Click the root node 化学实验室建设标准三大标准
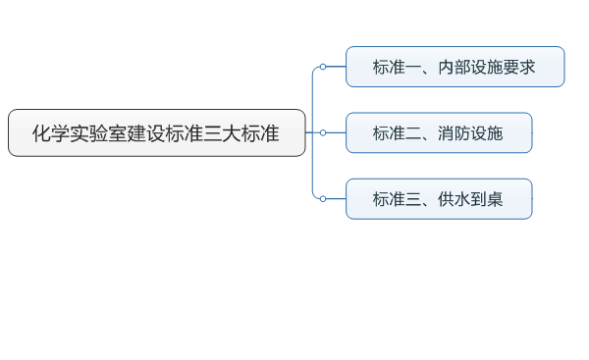[x=157, y=132]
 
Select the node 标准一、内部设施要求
[x=455, y=67]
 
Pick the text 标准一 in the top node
[x=396, y=68]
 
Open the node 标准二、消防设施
[x=439, y=132]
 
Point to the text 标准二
[x=396, y=133]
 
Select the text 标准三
[x=396, y=199]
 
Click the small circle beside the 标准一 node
[x=322, y=67]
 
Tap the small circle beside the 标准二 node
[x=322, y=132]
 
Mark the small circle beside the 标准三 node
[x=322, y=198]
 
